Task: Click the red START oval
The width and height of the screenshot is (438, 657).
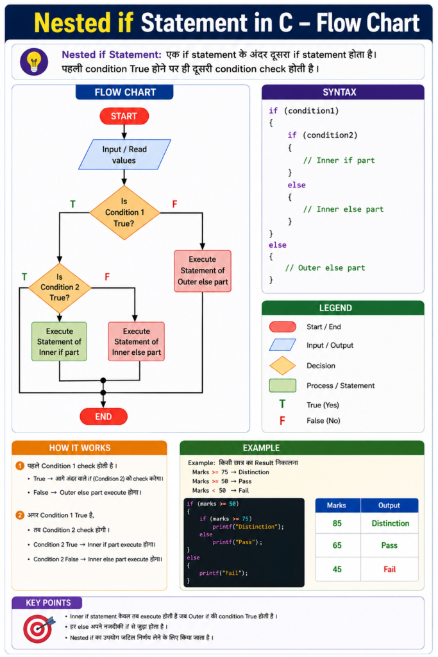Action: tap(124, 116)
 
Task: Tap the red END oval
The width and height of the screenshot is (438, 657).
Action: tap(103, 416)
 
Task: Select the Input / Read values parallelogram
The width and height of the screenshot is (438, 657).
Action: tap(124, 155)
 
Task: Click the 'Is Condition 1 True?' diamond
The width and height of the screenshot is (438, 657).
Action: tap(124, 212)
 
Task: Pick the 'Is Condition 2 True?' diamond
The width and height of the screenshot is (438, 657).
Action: tap(60, 287)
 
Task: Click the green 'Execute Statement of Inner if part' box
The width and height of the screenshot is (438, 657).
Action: tap(59, 341)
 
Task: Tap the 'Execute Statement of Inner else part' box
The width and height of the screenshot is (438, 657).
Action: tap(136, 341)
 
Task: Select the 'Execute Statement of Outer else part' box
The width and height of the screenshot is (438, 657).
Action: tap(203, 271)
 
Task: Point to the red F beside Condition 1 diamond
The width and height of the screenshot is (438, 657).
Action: tap(174, 204)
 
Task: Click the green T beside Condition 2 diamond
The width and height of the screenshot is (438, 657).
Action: tap(24, 277)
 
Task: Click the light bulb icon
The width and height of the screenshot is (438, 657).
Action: tap(34, 62)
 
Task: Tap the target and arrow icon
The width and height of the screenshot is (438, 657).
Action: tap(39, 628)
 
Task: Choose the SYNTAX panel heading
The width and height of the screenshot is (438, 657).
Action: tap(340, 92)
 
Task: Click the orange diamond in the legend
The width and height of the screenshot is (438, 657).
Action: tap(283, 365)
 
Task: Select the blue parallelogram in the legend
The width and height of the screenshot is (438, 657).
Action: tap(283, 345)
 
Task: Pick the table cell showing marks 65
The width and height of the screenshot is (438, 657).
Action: tap(337, 545)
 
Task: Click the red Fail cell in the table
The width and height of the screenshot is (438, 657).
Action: tap(389, 569)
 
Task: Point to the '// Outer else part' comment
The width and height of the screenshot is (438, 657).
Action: tap(325, 268)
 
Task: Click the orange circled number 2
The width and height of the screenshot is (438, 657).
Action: tap(20, 515)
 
